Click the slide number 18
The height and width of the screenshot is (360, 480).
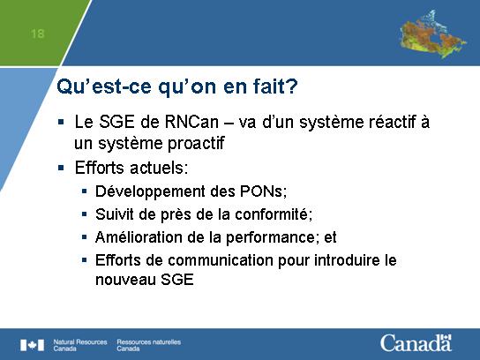(37, 34)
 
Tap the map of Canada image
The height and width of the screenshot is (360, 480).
(432, 34)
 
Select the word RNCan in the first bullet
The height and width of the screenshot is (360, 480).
(191, 122)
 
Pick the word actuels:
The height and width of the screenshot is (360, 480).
(159, 168)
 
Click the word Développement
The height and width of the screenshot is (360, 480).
(150, 192)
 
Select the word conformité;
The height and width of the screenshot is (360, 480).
(274, 214)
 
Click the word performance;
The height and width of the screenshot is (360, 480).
(271, 238)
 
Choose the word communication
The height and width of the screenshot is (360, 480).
(221, 260)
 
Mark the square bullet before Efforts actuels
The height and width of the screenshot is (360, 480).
(61, 168)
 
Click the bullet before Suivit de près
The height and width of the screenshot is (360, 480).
(85, 214)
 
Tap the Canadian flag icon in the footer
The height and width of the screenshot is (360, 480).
(32, 345)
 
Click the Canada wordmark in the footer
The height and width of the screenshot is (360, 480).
(416, 343)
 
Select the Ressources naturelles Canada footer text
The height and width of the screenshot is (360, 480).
(149, 345)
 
